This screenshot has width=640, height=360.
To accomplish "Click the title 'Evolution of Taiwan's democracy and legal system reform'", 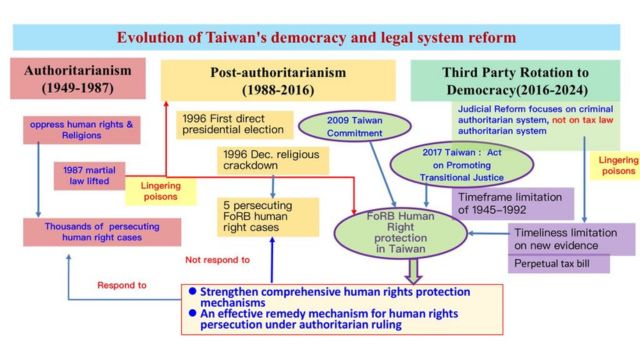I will coord(316,38).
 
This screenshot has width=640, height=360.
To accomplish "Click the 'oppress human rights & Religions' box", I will coord(79,128).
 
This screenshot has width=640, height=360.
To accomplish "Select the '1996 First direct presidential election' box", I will coord(235,123).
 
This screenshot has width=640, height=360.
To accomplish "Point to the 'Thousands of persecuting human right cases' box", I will coord(104,232).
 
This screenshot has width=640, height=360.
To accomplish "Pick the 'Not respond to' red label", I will coord(217,260).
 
